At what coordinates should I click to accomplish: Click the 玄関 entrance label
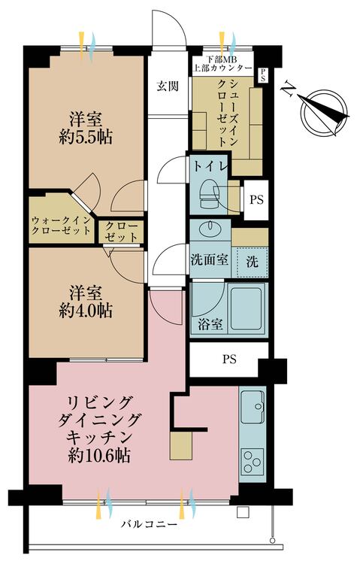pyautogui.click(x=168, y=86)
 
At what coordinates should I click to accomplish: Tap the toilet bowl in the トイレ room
pyautogui.click(x=210, y=195)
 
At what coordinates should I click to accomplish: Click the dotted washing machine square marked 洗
pyautogui.click(x=252, y=262)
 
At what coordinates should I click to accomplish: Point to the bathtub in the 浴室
pyautogui.click(x=247, y=308)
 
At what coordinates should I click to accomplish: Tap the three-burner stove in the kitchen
pyautogui.click(x=253, y=460)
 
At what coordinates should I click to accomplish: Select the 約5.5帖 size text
pyautogui.click(x=86, y=138)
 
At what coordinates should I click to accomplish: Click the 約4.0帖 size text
pyautogui.click(x=86, y=310)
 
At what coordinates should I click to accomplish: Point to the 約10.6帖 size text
pyautogui.click(x=99, y=456)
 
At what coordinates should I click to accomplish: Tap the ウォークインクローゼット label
pyautogui.click(x=60, y=226)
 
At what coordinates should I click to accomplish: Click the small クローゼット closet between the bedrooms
pyautogui.click(x=121, y=232)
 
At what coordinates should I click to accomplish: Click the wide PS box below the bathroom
pyautogui.click(x=228, y=359)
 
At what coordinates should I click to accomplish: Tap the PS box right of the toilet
pyautogui.click(x=256, y=199)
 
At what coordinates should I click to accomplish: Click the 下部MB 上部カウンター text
pyautogui.click(x=223, y=64)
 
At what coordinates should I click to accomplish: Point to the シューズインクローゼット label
pyautogui.click(x=228, y=112)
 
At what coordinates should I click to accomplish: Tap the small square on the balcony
pyautogui.click(x=243, y=511)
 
